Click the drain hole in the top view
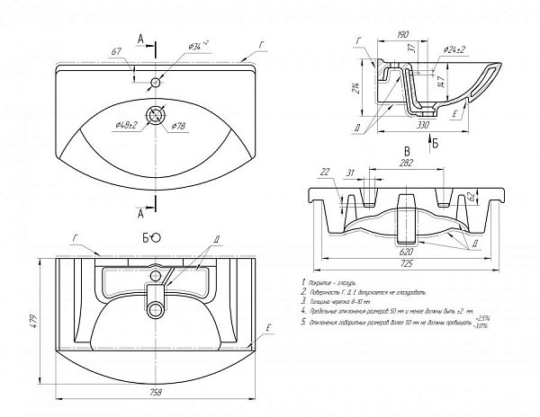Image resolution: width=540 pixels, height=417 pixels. pos(158,114)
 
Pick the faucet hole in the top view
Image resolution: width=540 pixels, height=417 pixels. pos(157,83)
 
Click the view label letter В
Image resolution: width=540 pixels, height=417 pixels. pos(407,150)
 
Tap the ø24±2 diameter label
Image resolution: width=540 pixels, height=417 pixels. pos(456,51)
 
